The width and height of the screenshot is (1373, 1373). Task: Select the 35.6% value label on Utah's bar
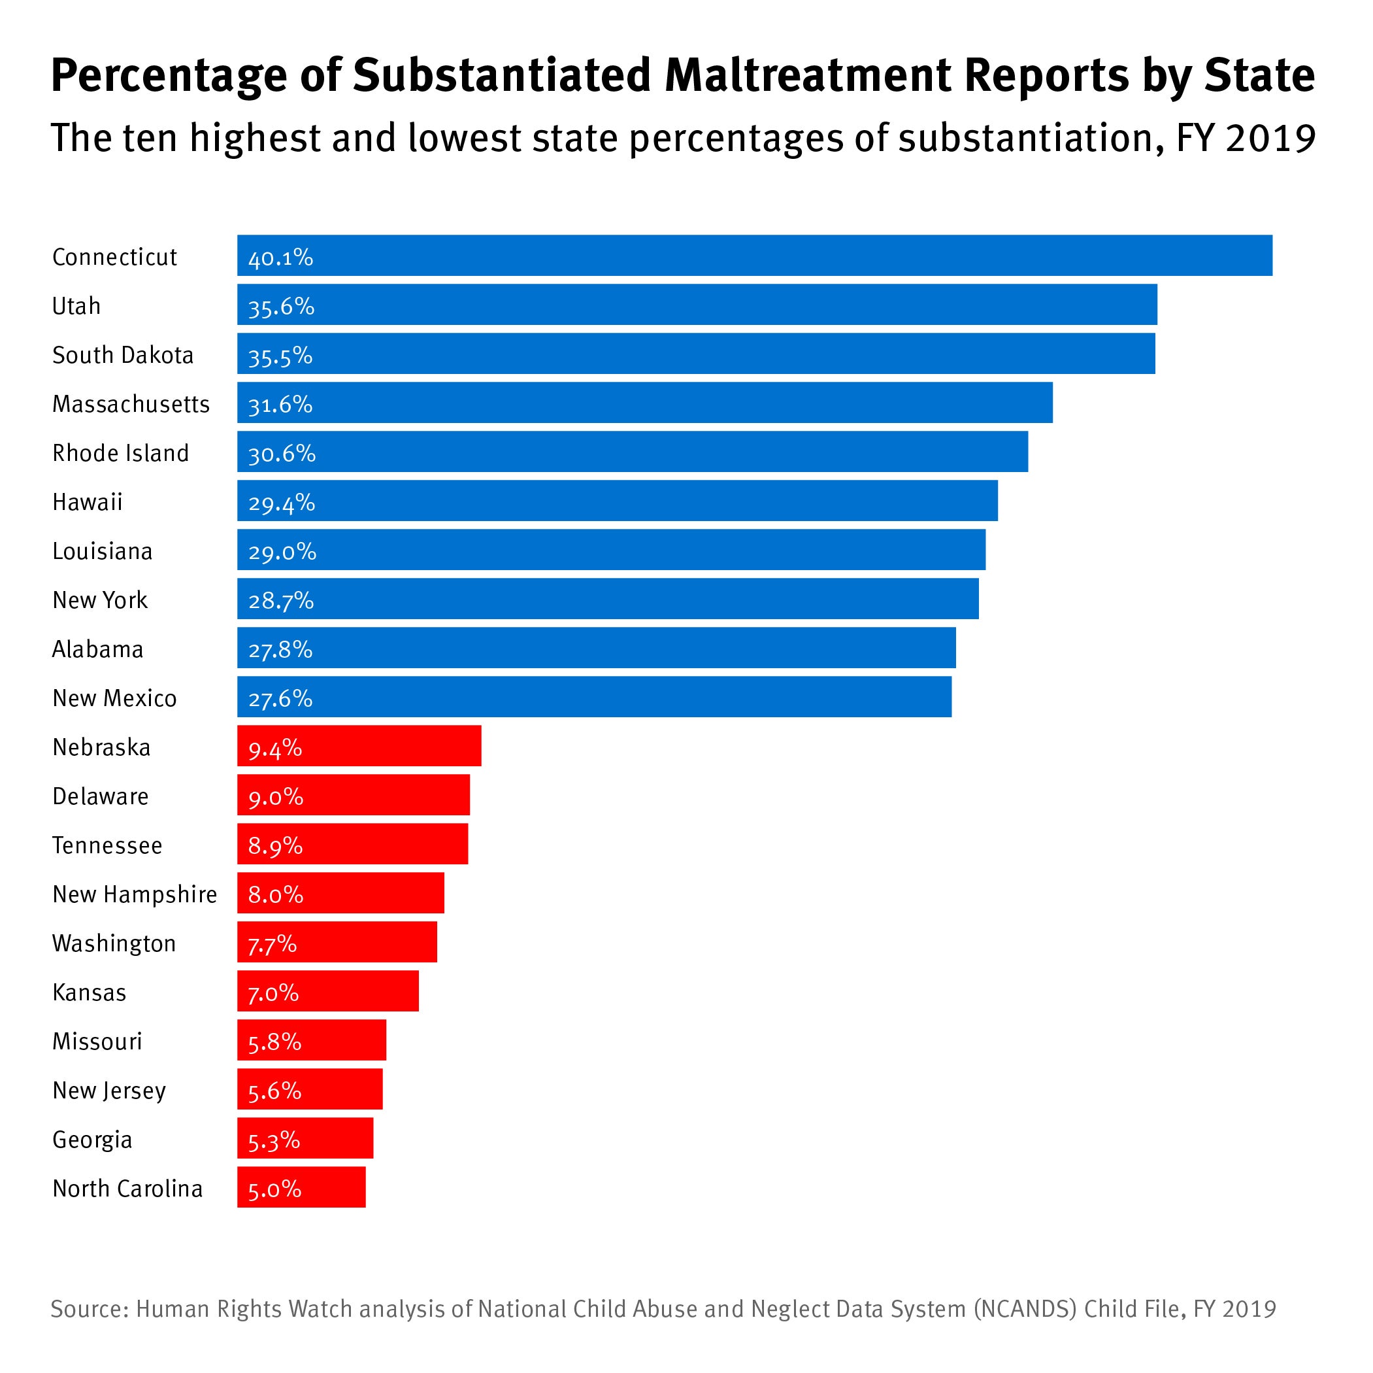pos(281,306)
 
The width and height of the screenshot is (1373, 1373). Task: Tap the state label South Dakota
pos(123,355)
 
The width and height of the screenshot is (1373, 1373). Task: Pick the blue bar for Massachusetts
pos(644,403)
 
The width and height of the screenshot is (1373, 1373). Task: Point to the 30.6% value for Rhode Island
pos(282,453)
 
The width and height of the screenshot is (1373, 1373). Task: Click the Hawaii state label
pos(88,502)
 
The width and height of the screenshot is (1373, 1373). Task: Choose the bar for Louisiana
pos(611,550)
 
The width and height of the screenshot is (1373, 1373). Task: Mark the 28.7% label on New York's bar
pos(281,601)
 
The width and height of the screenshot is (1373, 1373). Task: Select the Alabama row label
pos(98,649)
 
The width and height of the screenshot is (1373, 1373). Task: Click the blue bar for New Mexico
pos(594,697)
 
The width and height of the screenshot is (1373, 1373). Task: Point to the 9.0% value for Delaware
pos(276,796)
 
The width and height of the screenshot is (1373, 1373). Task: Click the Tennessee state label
pos(107,845)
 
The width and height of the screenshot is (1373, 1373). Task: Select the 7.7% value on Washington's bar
pos(273,943)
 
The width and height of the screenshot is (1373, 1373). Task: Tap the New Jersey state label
pos(109,1090)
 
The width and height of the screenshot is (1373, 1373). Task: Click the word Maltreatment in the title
pos(807,75)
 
